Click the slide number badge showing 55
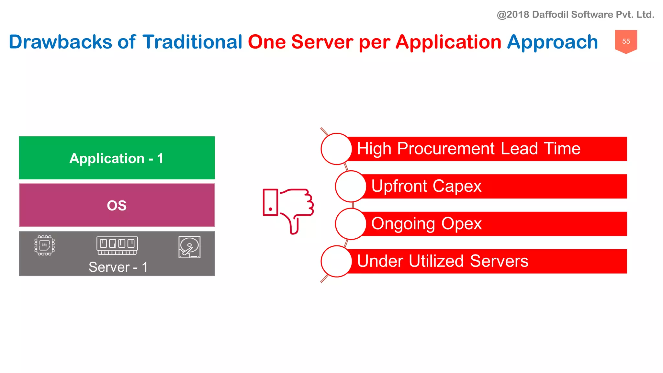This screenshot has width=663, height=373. coord(626,41)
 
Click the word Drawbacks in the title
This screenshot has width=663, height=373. coord(60,42)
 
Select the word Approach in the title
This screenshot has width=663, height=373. coord(552,42)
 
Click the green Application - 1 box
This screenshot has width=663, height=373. coord(117,158)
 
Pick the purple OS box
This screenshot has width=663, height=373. coord(117,205)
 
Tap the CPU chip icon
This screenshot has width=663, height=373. coord(45,245)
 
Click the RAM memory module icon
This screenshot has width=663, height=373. coord(117,245)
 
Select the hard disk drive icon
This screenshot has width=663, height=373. coord(189,247)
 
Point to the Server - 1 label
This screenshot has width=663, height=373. coord(118,267)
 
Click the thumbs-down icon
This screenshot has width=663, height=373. coord(288,210)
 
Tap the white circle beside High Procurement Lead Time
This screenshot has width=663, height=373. coord(336,149)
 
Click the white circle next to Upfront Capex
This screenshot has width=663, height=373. coord(351,186)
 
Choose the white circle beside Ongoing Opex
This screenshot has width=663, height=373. coord(351,224)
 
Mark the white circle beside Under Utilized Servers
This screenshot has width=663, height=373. coord(336,261)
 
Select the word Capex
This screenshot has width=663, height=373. coord(457,186)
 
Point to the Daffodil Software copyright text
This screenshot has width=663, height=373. coord(575,15)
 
